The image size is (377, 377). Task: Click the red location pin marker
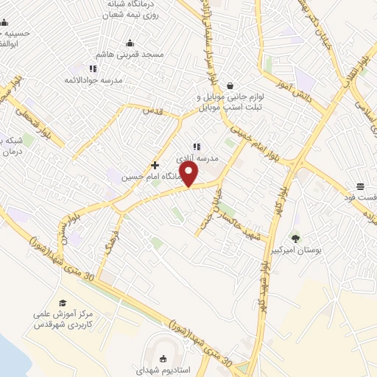[x=189, y=174]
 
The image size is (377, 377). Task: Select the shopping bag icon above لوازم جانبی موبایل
[x=230, y=85]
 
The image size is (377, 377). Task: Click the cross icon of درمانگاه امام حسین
[x=155, y=165]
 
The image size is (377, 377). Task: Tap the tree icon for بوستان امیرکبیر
[x=295, y=238]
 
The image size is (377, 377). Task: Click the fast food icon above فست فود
[x=360, y=186]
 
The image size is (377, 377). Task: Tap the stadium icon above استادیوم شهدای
[x=162, y=357]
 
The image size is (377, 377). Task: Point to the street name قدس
[x=151, y=110]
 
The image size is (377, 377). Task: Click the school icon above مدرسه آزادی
[x=197, y=147]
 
